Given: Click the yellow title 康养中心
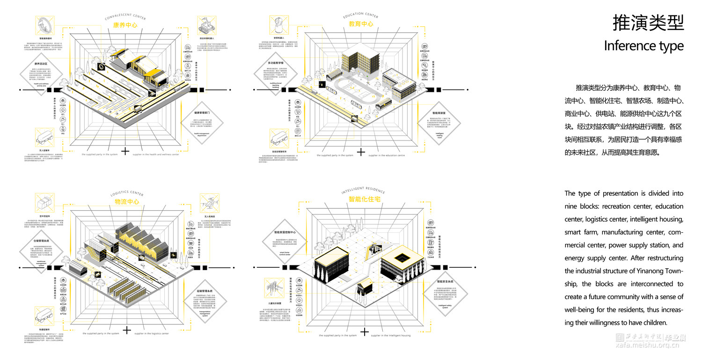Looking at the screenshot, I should click(125, 25).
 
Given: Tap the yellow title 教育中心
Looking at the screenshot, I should click(361, 24).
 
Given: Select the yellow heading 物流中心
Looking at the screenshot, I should click(127, 202).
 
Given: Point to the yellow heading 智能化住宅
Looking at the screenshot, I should click(364, 199).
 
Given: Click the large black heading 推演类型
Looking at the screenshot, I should click(648, 22).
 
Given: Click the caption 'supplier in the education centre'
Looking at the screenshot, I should click(386, 155).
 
